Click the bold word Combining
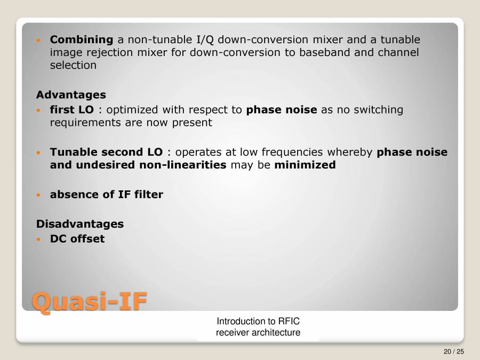[81, 39]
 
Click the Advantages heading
[71, 95]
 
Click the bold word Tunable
[72, 152]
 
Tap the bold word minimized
[305, 165]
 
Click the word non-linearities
[183, 165]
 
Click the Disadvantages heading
[80, 224]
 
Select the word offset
[87, 238]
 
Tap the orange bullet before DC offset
[38, 239]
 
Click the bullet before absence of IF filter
[38, 195]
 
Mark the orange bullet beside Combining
[38, 40]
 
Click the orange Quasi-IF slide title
[89, 300]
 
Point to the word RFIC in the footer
[292, 321]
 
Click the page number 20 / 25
[453, 351]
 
